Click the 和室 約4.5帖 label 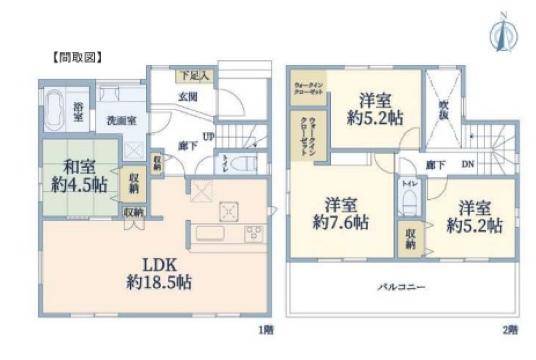point(79,175)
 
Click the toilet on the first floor point(241,164)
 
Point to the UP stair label point(209,136)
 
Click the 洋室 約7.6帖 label point(340,214)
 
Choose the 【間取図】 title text point(77,56)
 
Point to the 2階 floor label point(510,330)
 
